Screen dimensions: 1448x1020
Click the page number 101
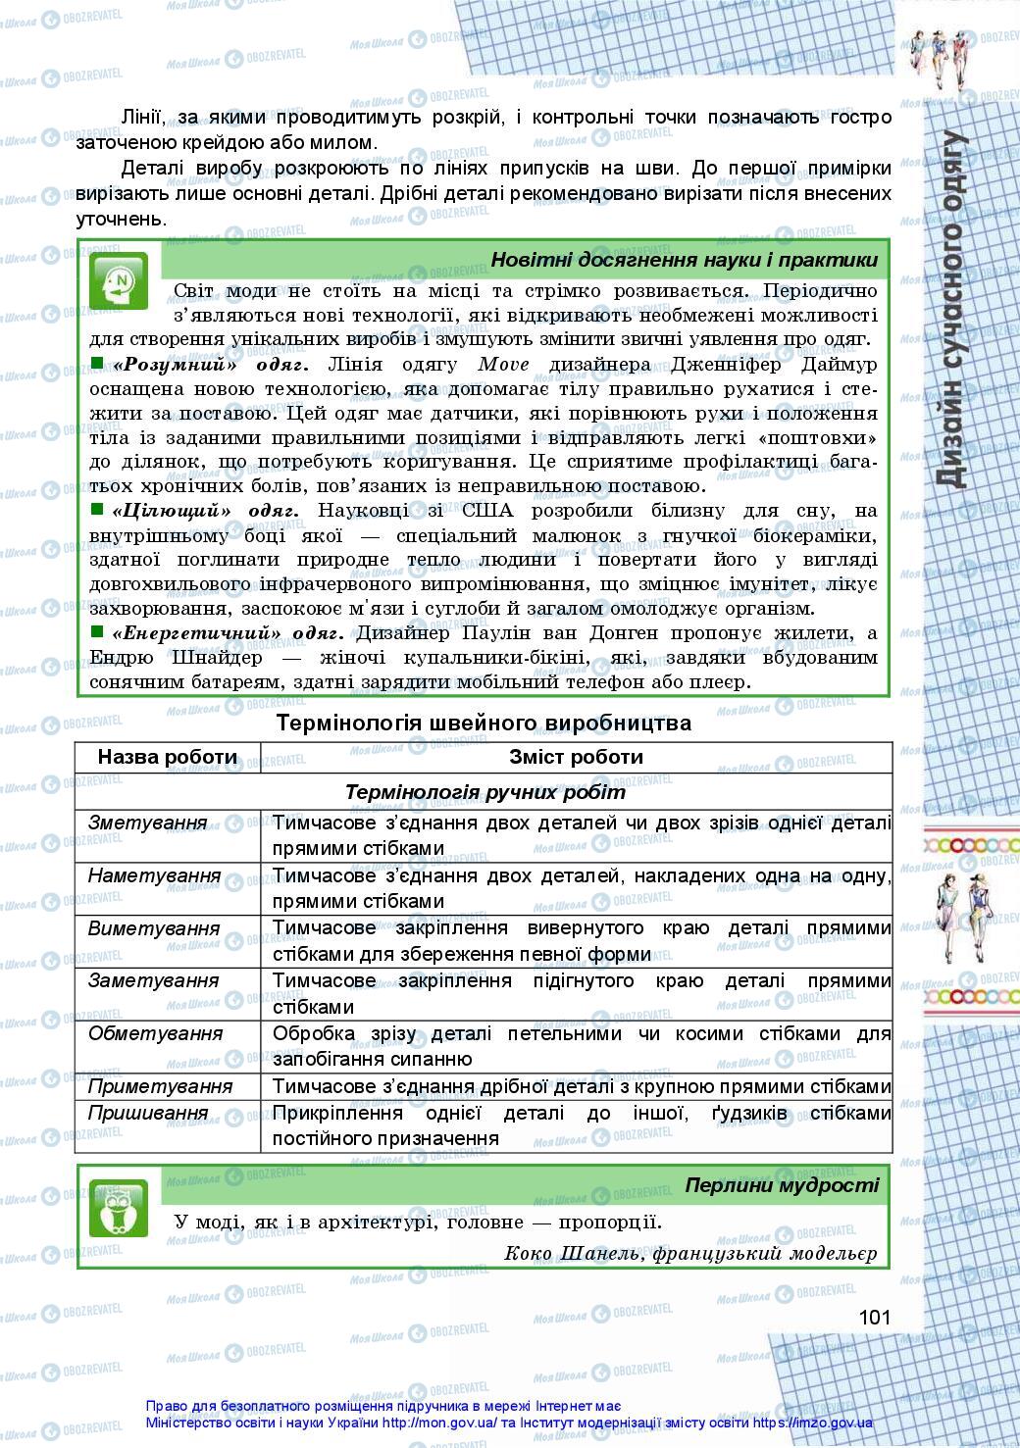[873, 1316]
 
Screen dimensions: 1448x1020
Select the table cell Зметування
[148, 823]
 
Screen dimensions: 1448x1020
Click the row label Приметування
[160, 1086]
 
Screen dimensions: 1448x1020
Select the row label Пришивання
[148, 1113]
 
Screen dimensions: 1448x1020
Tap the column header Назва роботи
[168, 757]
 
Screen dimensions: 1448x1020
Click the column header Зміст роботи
[577, 757]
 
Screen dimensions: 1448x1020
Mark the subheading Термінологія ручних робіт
[485, 792]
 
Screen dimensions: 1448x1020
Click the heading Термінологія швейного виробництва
[484, 724]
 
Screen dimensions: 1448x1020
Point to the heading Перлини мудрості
[782, 1185]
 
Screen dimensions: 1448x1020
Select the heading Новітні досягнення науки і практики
[684, 260]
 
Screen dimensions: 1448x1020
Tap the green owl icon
[119, 1208]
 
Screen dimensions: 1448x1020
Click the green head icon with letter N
[119, 282]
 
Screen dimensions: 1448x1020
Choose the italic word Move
[504, 365]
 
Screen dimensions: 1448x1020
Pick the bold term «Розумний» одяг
[211, 365]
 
